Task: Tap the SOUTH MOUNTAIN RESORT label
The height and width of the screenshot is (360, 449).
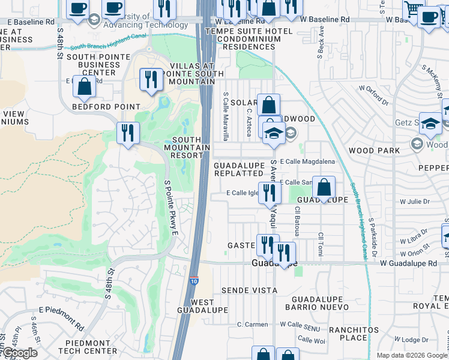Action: (187, 147)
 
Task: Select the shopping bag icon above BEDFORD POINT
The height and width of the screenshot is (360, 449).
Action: (84, 88)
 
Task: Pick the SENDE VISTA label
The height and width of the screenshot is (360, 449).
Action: (249, 290)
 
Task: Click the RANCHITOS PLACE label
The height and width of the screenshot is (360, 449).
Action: (354, 334)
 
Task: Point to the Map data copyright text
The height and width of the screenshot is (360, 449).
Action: (411, 355)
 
